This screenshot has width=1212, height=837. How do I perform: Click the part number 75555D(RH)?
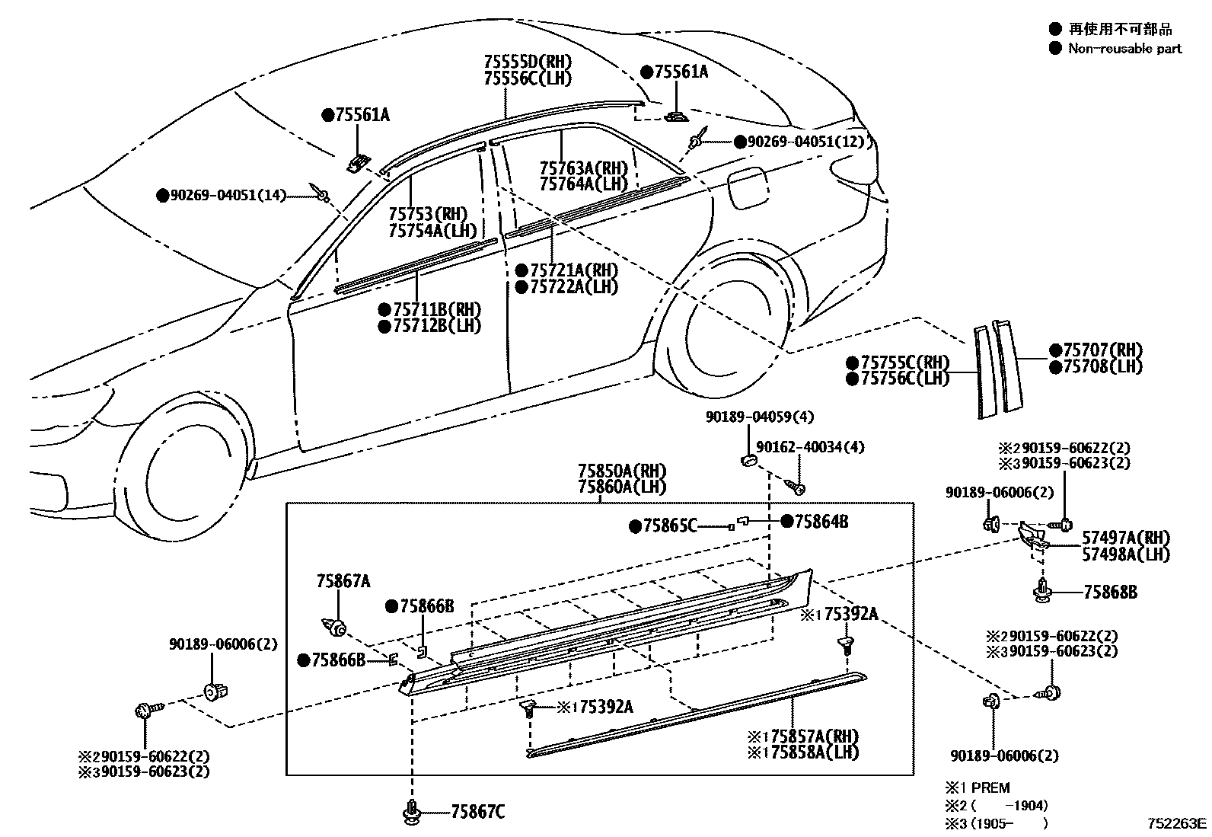[528, 62]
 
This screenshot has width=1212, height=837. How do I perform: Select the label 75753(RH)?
[428, 215]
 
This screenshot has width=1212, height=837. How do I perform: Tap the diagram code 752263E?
[1177, 823]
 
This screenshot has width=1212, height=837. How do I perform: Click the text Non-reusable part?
[1124, 49]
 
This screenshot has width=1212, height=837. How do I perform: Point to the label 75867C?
[477, 813]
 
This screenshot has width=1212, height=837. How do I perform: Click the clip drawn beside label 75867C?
[412, 812]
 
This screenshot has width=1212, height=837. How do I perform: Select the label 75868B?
[1109, 592]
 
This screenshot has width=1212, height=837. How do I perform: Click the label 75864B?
[821, 521]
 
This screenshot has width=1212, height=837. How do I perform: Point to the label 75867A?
[343, 582]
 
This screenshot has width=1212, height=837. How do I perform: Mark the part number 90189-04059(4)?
[760, 417]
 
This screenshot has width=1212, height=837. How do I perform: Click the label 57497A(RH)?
[1126, 538]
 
